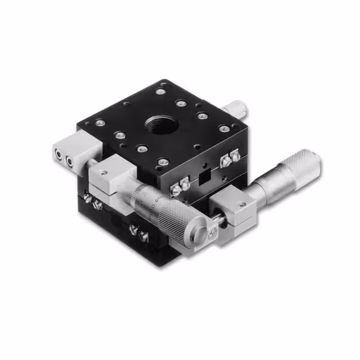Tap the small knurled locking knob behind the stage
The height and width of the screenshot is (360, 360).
[237, 106]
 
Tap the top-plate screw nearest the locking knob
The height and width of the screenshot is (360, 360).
[224, 129]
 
